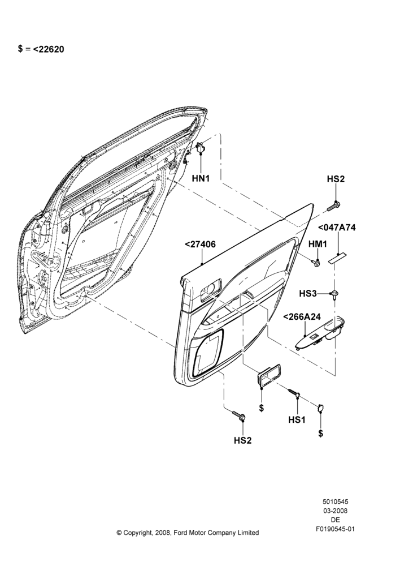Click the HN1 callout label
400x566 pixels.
[201, 178]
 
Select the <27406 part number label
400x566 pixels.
[200, 245]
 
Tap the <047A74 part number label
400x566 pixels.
[337, 228]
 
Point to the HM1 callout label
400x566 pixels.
[318, 245]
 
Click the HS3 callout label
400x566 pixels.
[308, 294]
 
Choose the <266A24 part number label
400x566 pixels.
[302, 317]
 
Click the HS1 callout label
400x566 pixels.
[297, 419]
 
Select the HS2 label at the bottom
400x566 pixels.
[243, 440]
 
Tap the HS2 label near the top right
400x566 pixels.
[336, 179]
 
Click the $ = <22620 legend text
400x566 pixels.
[41, 49]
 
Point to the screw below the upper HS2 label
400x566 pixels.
[333, 206]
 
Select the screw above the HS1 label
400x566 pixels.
[294, 393]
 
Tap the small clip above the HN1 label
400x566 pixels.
[201, 148]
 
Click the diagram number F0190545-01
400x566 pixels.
[336, 529]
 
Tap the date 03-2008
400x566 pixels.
[336, 511]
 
